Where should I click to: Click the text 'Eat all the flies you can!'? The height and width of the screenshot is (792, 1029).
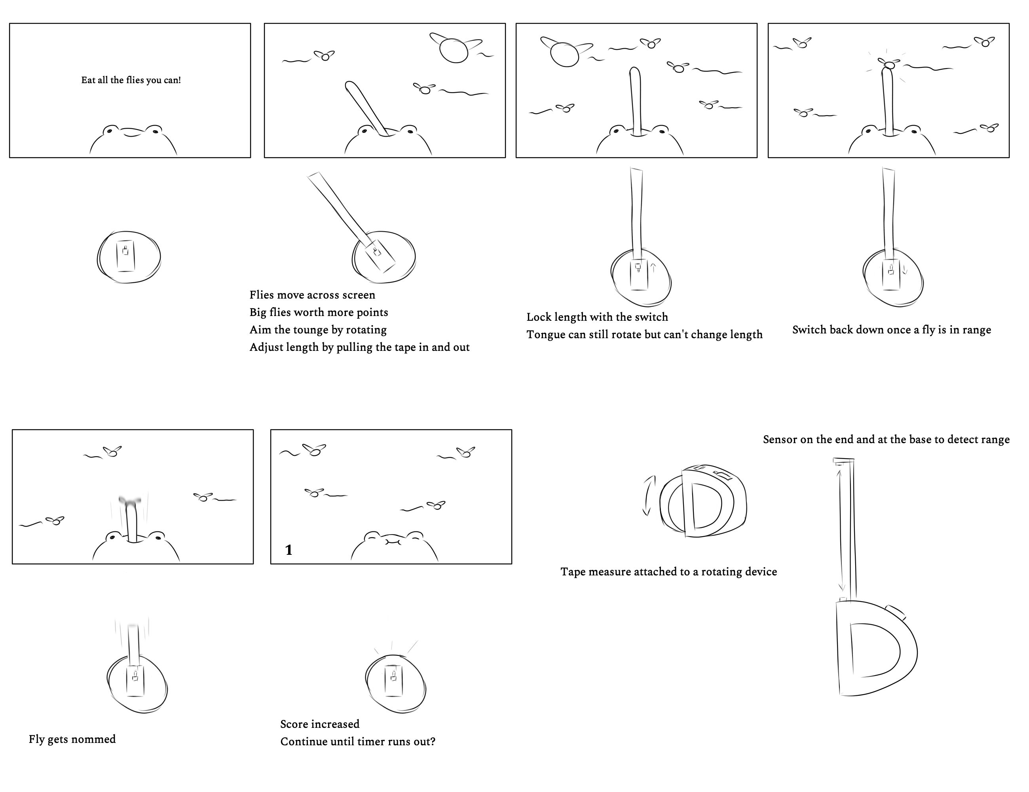131,80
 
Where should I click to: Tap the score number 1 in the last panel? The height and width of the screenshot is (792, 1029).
289,550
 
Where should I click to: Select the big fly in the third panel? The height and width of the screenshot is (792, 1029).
564,54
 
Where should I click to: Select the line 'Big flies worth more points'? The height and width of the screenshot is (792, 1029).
319,312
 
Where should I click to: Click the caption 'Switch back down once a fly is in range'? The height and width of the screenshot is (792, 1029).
891,329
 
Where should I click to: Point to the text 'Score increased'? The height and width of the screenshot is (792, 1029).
319,723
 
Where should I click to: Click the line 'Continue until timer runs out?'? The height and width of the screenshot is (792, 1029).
358,741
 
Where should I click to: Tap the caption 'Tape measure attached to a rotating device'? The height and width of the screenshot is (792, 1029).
668,571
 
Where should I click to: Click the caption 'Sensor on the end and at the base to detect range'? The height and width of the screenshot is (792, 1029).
886,440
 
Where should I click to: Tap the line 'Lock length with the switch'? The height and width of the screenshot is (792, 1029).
597,317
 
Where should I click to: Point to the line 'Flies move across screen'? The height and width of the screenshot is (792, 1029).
312,295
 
